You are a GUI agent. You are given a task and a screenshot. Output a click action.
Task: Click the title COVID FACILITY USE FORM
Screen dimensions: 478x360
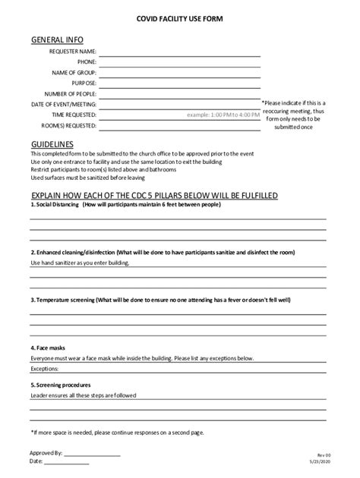pos(179,17)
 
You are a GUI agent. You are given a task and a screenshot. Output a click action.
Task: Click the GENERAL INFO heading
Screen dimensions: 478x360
pos(57,39)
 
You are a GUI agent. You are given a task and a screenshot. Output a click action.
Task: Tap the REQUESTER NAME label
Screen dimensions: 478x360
pos(73,52)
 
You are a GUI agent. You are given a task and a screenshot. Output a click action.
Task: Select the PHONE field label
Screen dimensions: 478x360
pos(86,62)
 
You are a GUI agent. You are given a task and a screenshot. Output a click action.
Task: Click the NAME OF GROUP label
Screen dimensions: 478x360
pos(74,73)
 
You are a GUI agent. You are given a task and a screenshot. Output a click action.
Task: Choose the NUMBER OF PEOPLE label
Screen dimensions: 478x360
pos(71,94)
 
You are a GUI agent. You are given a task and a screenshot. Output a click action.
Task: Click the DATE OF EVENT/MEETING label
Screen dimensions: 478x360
pos(64,104)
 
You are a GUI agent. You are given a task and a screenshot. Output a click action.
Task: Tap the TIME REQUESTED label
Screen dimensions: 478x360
pos(74,115)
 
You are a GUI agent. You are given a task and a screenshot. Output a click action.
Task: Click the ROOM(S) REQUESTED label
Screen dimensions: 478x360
pos(68,125)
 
